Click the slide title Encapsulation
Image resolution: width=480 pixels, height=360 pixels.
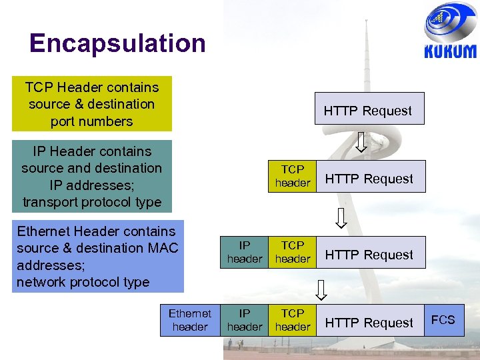click(x=117, y=43)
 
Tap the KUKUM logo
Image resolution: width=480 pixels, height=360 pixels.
click(x=450, y=33)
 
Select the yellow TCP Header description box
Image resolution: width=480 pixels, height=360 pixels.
click(x=91, y=104)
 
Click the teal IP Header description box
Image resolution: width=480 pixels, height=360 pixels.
click(x=91, y=176)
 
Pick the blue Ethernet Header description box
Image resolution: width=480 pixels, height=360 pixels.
click(x=99, y=257)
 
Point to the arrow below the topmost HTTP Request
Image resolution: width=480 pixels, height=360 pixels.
click(x=361, y=142)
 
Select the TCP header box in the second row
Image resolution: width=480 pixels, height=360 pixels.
click(x=292, y=176)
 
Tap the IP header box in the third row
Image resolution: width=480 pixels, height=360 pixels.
click(x=245, y=252)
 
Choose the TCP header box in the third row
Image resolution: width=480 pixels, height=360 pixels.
click(x=292, y=252)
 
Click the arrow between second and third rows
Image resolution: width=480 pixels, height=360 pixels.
click(x=341, y=218)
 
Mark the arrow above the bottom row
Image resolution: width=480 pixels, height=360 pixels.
click(x=321, y=290)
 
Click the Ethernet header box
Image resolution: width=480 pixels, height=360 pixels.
click(x=190, y=320)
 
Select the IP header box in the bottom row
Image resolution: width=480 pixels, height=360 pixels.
click(x=245, y=320)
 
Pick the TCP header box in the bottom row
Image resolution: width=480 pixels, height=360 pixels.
click(x=292, y=320)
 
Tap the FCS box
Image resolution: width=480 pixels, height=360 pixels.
click(x=443, y=319)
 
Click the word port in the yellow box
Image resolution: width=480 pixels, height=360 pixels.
click(x=64, y=121)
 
